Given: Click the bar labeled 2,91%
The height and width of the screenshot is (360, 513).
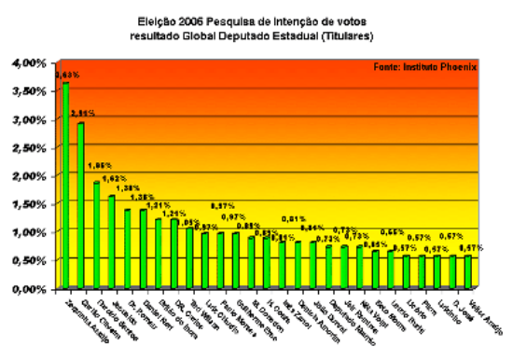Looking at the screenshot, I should tap(81, 204).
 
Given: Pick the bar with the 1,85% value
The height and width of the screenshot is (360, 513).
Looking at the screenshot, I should tap(97, 234).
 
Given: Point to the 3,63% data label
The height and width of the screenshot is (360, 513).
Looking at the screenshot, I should tap(66, 72).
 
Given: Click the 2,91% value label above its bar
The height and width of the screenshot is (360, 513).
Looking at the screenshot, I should tap(82, 113).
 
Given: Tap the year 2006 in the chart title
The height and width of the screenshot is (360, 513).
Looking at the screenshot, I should tap(191, 19).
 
